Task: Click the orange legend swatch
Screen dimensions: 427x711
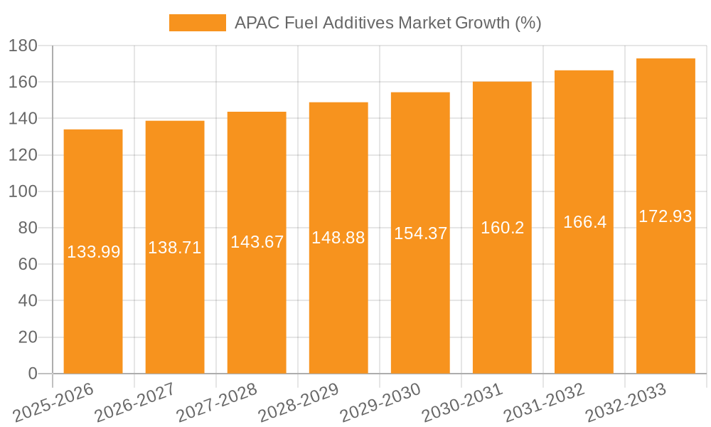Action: pyautogui.click(x=197, y=23)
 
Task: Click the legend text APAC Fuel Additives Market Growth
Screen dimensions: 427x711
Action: pyautogui.click(x=387, y=23)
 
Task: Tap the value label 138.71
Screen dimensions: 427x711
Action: pyautogui.click(x=175, y=248)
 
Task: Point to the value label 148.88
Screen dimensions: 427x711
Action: pyautogui.click(x=338, y=238)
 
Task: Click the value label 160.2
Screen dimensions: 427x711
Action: pyautogui.click(x=502, y=228)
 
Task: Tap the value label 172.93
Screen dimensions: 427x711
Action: pyautogui.click(x=665, y=216)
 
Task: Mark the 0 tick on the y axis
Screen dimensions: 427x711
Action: pyautogui.click(x=32, y=374)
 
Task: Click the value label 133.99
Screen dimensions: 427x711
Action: pyautogui.click(x=93, y=251)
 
